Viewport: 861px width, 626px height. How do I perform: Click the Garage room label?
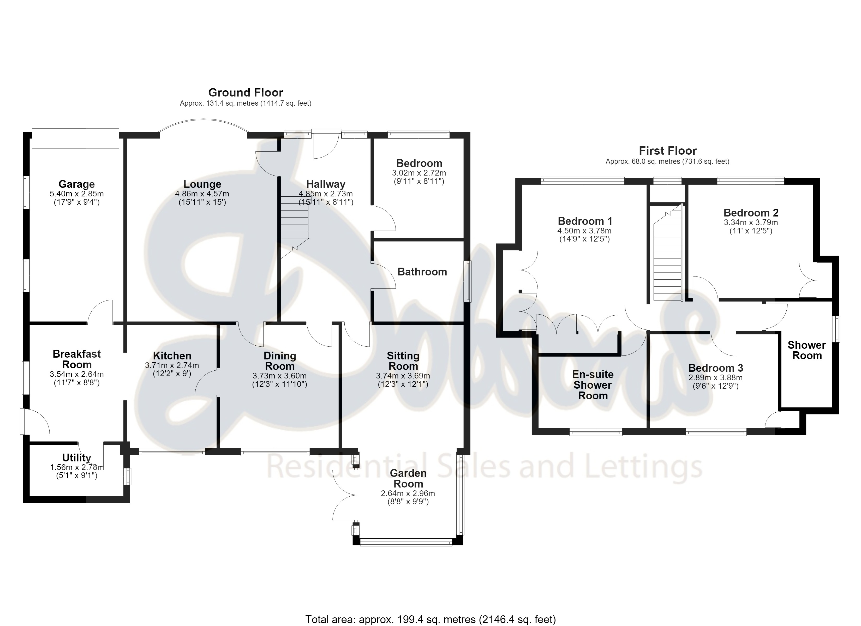point(77,184)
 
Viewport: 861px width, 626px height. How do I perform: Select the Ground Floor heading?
point(246,93)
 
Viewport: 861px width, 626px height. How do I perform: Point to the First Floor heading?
point(668,151)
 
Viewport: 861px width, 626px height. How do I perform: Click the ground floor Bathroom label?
point(422,272)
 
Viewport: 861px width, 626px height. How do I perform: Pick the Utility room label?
point(77,458)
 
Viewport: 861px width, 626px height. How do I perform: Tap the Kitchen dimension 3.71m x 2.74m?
point(172,366)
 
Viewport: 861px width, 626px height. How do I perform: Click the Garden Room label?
point(408,478)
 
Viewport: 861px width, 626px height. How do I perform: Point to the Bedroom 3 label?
point(716,368)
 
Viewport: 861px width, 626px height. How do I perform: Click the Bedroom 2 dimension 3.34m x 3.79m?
point(751,222)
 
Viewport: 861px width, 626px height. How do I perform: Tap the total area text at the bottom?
point(430,619)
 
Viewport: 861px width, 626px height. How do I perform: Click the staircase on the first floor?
point(668,253)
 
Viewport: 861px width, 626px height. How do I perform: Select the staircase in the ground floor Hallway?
point(295,227)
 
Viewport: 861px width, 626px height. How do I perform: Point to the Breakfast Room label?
point(77,359)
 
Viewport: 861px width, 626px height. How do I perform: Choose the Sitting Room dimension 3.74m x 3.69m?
point(403,376)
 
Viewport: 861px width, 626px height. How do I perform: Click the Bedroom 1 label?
point(585,221)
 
